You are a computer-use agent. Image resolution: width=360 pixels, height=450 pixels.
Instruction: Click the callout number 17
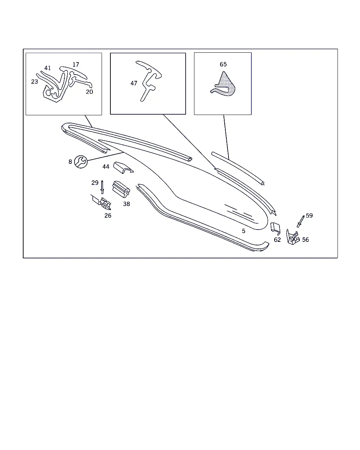point(76,64)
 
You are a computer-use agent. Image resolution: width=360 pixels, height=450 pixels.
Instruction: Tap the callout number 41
point(47,68)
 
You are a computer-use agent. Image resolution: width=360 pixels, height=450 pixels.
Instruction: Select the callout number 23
point(34,82)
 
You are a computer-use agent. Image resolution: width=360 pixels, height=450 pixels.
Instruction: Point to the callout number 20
point(89,92)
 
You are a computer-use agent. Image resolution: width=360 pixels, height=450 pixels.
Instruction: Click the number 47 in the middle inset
point(134,83)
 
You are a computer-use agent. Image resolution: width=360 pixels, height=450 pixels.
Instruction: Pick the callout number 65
point(223,64)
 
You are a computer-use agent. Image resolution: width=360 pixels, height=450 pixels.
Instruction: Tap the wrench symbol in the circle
point(81,162)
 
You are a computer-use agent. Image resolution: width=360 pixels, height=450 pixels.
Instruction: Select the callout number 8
point(70,162)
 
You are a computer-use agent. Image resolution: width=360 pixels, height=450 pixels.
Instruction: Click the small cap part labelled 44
point(123,168)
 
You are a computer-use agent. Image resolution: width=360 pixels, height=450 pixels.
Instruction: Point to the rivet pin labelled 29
point(102,187)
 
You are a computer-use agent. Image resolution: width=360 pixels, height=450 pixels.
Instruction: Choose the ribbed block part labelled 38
point(121,189)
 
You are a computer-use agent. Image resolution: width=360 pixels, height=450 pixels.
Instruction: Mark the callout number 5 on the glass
point(244,231)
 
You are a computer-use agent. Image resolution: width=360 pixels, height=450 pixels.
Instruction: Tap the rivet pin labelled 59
point(301,221)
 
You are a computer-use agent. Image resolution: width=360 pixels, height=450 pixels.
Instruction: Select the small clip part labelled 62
point(276,229)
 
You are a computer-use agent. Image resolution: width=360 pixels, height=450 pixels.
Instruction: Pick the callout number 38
point(126,204)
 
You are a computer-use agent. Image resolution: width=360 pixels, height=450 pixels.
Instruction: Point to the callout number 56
point(306,240)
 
